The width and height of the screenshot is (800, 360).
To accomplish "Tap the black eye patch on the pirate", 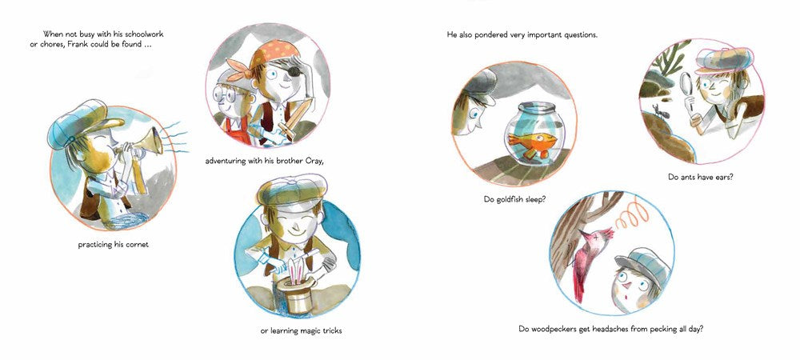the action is coord(294,71).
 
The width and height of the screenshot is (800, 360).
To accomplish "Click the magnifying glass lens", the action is coord(687,82).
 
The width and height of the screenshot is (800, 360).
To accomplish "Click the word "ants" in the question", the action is coord(689,178).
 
